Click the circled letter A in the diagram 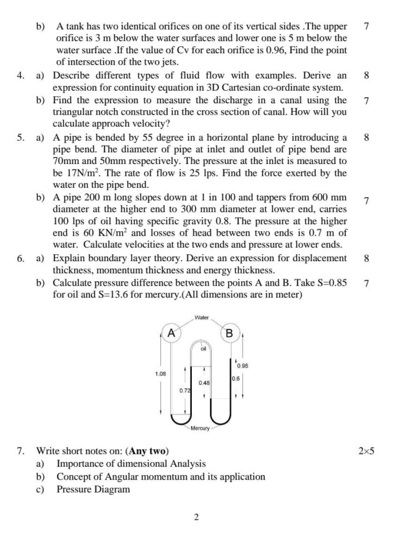tap(171, 332)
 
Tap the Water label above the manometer tap(201, 317)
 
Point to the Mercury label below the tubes tap(200, 428)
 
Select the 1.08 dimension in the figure tap(161, 374)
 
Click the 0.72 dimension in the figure tap(185, 391)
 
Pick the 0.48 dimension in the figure tap(204, 383)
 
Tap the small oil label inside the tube tap(203, 349)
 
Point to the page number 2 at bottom tap(196, 517)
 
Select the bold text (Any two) tap(147, 451)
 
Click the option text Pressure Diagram tap(93, 489)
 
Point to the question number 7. tap(20, 451)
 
